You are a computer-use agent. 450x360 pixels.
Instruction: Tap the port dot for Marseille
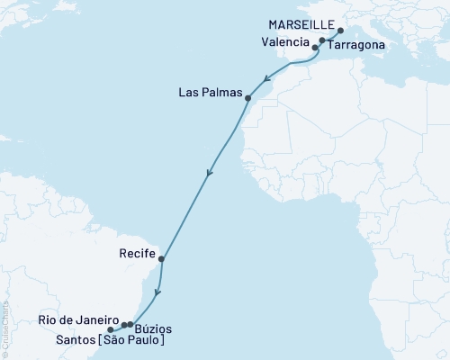click(x=340, y=31)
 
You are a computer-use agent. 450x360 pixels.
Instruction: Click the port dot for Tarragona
click(x=322, y=40)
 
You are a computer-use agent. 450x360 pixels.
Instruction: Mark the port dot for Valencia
click(x=315, y=47)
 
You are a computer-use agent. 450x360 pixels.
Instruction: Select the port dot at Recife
click(x=161, y=259)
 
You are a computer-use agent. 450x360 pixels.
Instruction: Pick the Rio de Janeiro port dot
click(x=124, y=324)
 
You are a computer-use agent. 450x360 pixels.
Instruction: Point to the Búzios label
click(x=148, y=329)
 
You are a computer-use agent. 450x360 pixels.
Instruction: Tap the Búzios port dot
click(x=130, y=323)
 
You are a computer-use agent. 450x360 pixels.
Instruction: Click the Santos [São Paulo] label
click(x=102, y=341)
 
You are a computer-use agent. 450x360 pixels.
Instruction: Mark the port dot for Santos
click(x=111, y=330)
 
